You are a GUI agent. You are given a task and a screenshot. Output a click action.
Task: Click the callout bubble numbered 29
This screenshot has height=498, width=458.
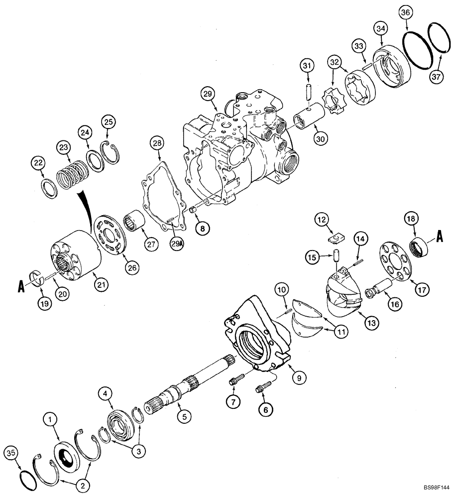click(207, 93)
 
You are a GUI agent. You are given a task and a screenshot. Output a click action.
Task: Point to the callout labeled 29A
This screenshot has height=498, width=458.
click(176, 245)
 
